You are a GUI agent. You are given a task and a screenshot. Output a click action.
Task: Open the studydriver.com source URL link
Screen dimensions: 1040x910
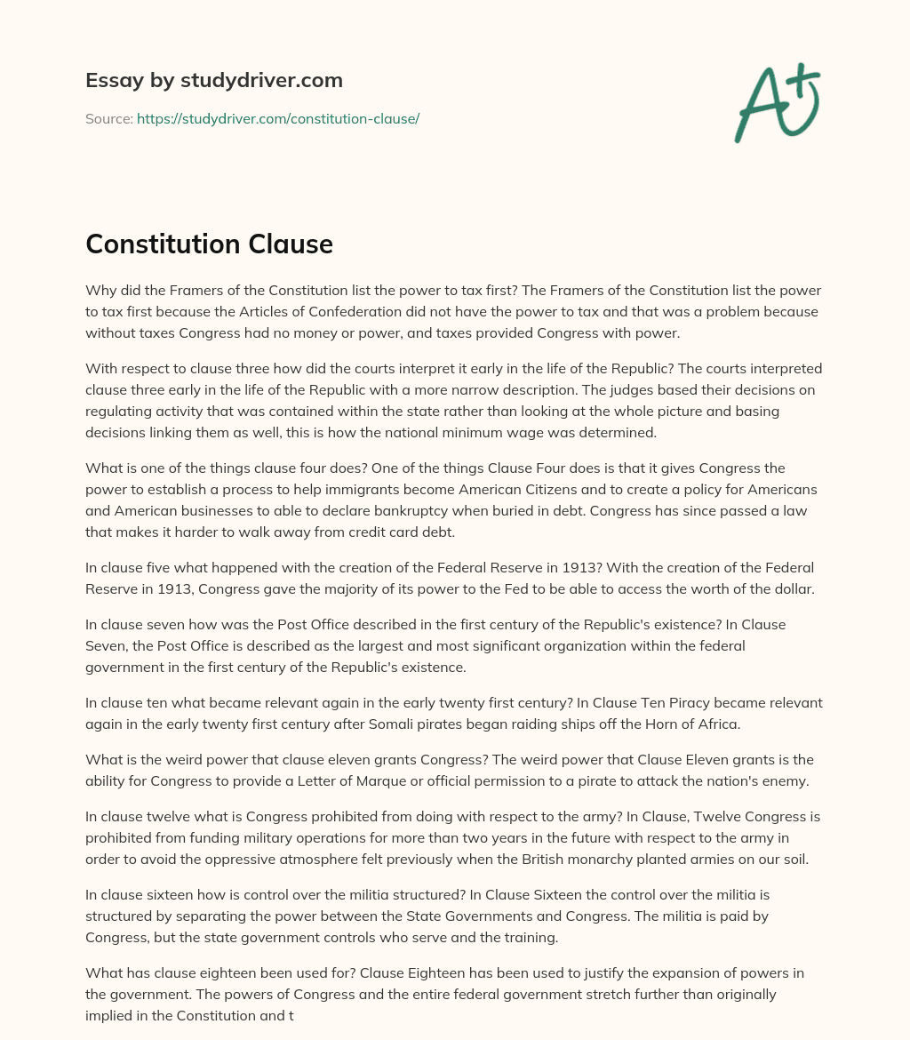tap(278, 118)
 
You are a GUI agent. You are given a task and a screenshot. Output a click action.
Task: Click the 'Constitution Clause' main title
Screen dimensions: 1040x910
tap(209, 244)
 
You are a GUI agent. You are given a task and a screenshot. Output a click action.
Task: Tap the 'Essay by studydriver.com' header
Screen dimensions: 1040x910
tap(214, 80)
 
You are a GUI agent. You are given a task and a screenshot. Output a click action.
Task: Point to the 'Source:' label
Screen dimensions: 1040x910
tap(108, 118)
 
